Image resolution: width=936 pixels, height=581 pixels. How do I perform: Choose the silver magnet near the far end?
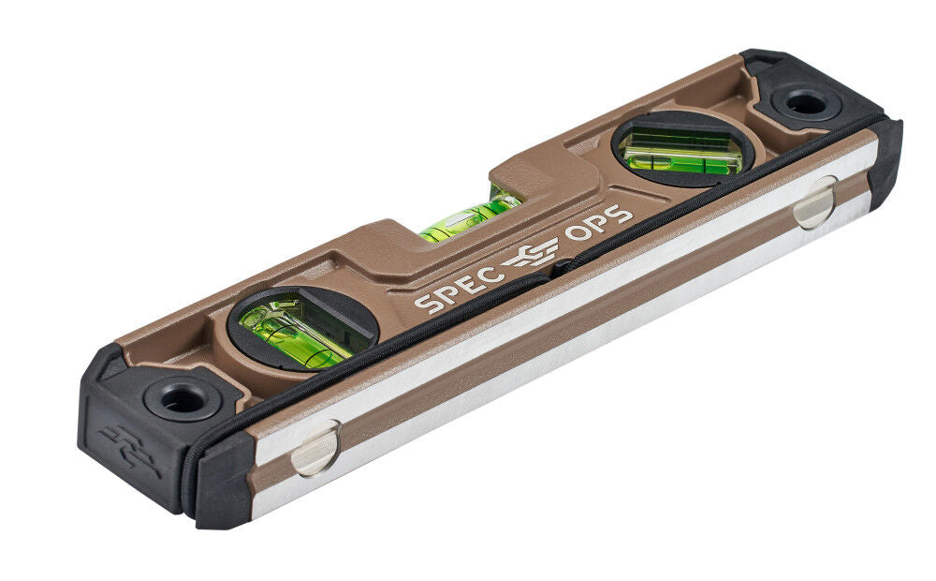click(x=815, y=201)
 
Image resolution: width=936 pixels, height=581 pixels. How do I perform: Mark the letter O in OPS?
click(x=578, y=234)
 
